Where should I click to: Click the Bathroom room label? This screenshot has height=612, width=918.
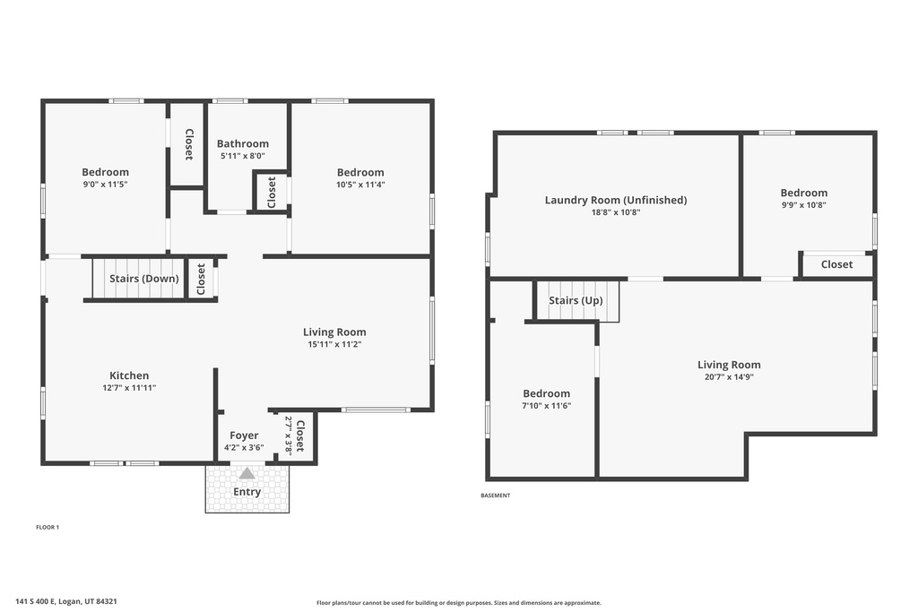coord(242,143)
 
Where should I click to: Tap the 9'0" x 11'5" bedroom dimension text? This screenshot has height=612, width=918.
coord(105,185)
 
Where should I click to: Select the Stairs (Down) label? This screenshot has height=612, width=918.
coord(143,279)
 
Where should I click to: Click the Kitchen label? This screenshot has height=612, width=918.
coord(129,375)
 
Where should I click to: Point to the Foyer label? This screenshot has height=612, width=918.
coord(244,435)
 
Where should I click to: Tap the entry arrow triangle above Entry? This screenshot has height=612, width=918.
coord(247,473)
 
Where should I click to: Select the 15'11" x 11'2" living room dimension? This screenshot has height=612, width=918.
coord(334,344)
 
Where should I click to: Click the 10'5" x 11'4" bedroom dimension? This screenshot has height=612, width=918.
coord(360,185)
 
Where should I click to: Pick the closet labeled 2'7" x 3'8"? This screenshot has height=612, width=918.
coord(296,436)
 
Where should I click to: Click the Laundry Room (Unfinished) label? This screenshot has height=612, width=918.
coord(615,200)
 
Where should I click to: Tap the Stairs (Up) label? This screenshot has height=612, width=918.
coord(576,300)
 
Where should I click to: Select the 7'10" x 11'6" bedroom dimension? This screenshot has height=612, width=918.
coord(546,406)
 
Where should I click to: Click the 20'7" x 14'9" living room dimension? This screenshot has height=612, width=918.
coord(729,377)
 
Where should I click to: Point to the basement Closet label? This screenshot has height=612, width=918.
coord(836,264)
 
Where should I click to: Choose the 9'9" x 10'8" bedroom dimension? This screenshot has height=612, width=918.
coord(803,204)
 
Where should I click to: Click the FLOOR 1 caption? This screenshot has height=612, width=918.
coord(47,527)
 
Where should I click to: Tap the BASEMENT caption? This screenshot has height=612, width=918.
coord(495,496)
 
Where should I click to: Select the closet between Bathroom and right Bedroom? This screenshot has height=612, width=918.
coord(272,192)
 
